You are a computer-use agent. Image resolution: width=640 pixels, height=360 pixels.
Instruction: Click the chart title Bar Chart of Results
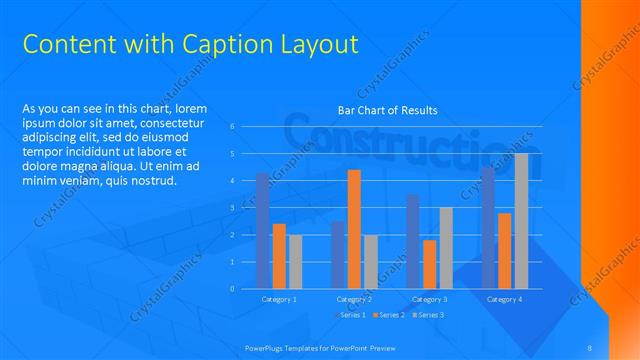pyautogui.click(x=388, y=110)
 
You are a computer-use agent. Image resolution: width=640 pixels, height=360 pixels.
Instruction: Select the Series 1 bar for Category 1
pyautogui.click(x=263, y=231)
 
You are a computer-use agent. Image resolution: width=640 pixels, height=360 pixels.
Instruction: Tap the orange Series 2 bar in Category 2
pyautogui.click(x=354, y=229)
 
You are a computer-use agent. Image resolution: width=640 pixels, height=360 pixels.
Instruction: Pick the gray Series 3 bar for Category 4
pyautogui.click(x=520, y=221)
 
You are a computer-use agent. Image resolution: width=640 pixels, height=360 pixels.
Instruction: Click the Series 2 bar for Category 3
pyautogui.click(x=429, y=264)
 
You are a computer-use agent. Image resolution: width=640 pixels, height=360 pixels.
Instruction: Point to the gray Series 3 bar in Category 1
pyautogui.click(x=295, y=262)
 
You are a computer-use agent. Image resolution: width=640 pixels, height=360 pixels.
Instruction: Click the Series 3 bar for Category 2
pyautogui.click(x=370, y=262)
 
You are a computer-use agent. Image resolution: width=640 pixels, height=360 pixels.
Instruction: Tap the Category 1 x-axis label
pyautogui.click(x=279, y=299)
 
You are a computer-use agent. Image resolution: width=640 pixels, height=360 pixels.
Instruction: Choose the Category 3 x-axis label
pyautogui.click(x=429, y=299)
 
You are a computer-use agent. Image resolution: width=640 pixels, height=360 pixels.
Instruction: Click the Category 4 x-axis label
pyautogui.click(x=504, y=299)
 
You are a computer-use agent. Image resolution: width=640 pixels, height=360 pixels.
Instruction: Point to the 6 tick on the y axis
pyautogui.click(x=232, y=126)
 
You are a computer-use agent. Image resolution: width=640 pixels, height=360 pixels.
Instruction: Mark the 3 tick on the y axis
pyautogui.click(x=232, y=208)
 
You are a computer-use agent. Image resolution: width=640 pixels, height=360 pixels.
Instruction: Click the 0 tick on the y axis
pyautogui.click(x=232, y=289)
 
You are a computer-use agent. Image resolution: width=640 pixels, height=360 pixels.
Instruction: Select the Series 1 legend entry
pyautogui.click(x=350, y=315)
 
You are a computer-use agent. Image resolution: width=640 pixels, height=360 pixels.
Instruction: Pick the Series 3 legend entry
pyautogui.click(x=428, y=315)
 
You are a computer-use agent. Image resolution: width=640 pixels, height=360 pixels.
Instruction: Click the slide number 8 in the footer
pyautogui.click(x=590, y=346)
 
